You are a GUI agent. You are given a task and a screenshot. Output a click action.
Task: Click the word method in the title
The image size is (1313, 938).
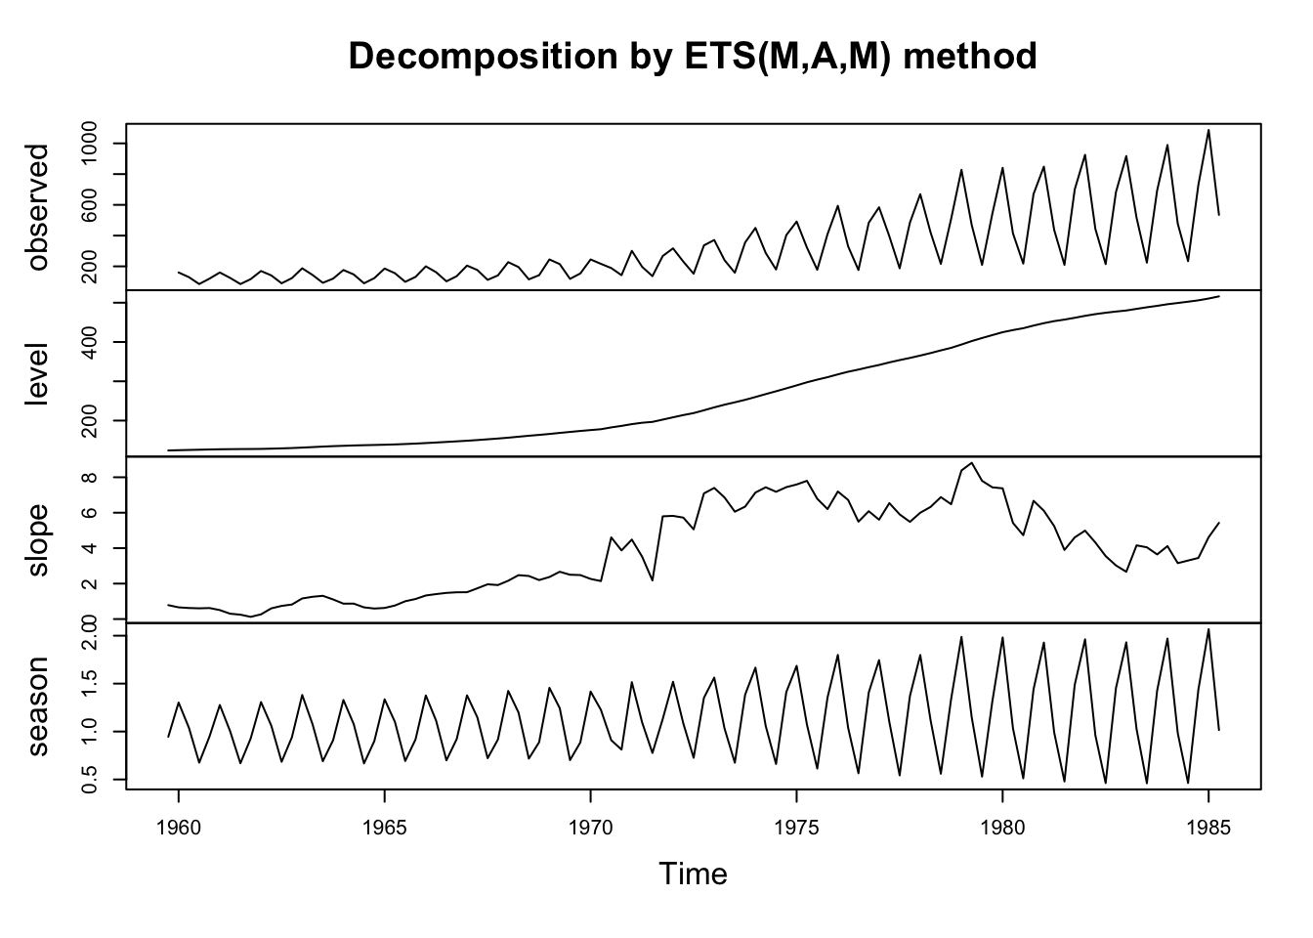(x=969, y=57)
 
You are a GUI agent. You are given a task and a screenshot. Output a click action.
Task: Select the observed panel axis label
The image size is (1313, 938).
(x=38, y=207)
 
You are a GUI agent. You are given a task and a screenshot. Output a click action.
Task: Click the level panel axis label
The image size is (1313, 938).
(x=38, y=373)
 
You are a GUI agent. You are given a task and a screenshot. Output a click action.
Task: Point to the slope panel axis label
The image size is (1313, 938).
(x=38, y=539)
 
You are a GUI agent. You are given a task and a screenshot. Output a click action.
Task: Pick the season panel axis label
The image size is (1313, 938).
(x=38, y=705)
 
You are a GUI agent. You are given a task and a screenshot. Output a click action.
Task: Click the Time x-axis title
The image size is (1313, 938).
(x=693, y=874)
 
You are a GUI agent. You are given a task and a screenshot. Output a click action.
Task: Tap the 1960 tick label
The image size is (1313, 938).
(x=179, y=825)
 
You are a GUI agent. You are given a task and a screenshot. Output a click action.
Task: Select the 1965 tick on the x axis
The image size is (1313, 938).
(x=385, y=825)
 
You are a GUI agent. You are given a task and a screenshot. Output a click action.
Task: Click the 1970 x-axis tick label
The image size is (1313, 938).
(x=590, y=825)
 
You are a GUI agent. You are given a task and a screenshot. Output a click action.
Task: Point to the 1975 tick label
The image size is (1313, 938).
(x=796, y=825)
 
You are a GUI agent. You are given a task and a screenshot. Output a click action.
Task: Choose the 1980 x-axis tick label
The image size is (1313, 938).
(x=1002, y=825)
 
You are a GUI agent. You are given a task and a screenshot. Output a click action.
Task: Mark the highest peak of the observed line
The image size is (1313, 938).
(x=1208, y=130)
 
